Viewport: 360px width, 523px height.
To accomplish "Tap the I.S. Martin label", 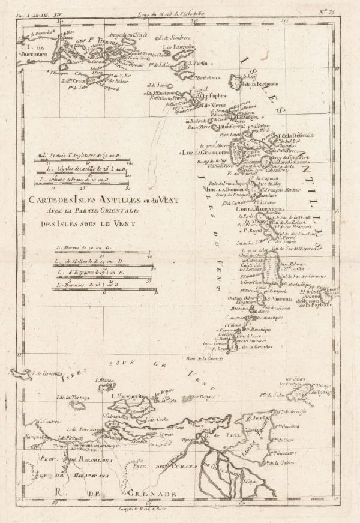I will [x=195, y=62].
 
